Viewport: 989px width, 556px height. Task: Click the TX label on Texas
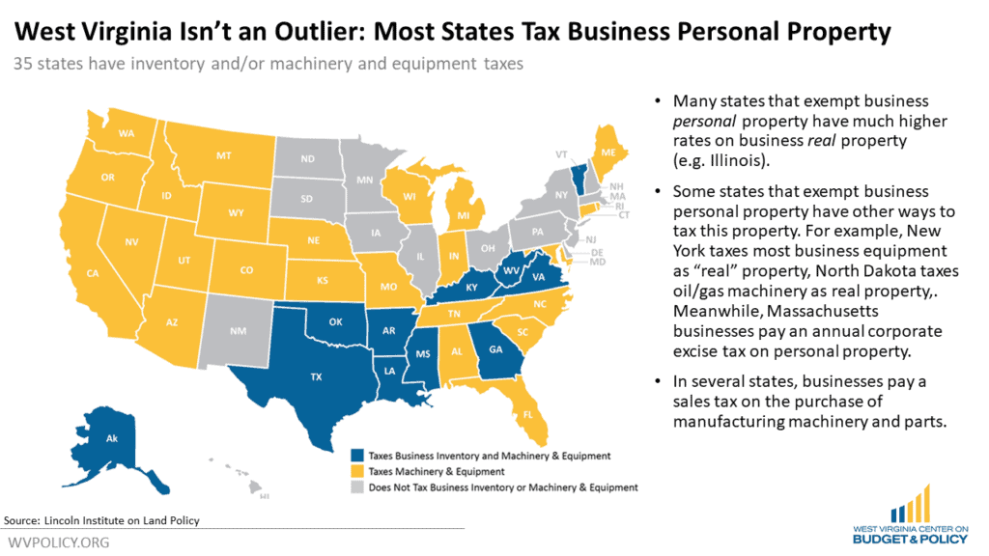click(x=315, y=378)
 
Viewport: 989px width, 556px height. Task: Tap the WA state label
click(x=127, y=134)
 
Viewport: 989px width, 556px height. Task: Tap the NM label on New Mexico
click(x=237, y=331)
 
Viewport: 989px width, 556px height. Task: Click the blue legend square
click(x=356, y=455)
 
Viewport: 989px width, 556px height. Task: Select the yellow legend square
click(x=356, y=471)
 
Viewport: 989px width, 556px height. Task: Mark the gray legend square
click(x=356, y=487)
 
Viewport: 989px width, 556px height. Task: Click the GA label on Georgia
click(x=495, y=349)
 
